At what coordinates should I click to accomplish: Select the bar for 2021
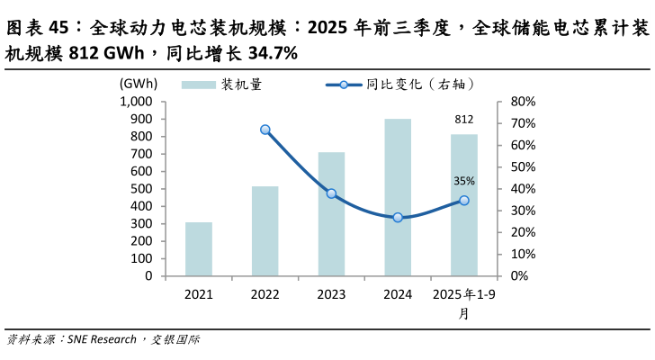pyautogui.click(x=199, y=249)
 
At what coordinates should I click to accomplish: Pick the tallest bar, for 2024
pyautogui.click(x=398, y=197)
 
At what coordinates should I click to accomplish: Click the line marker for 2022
pyautogui.click(x=265, y=130)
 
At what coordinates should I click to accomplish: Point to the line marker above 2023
pyautogui.click(x=331, y=193)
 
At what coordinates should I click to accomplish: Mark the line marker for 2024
pyautogui.click(x=398, y=218)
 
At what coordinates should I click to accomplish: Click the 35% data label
pyautogui.click(x=464, y=181)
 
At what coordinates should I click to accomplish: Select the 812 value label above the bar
pyautogui.click(x=464, y=120)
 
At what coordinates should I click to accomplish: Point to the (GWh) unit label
pyautogui.click(x=138, y=84)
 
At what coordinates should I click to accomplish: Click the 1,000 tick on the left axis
pyautogui.click(x=134, y=102)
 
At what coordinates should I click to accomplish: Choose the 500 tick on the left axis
pyautogui.click(x=140, y=189)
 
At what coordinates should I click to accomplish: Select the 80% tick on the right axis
pyautogui.click(x=523, y=102)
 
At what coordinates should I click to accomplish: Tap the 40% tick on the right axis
pyautogui.click(x=523, y=189)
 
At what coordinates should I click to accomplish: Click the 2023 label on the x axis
pyautogui.click(x=331, y=294)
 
